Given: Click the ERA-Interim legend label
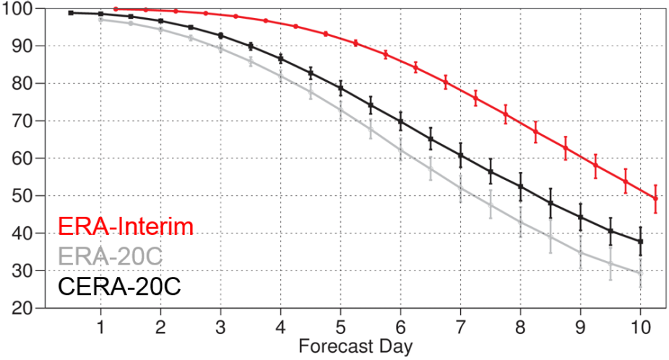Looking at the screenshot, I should click(125, 228).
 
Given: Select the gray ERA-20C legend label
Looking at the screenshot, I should click(109, 257).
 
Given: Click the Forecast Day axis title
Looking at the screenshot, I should click(355, 346).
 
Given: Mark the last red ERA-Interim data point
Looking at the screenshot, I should click(655, 198).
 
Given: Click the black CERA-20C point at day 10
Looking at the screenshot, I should click(640, 241).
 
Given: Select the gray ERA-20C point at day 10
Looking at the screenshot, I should click(640, 273).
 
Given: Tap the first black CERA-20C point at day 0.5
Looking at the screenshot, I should click(71, 12).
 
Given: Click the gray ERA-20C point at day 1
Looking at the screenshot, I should click(100, 20).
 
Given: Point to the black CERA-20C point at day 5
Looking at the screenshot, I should click(340, 88).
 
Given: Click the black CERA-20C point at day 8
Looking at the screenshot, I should click(520, 187).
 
